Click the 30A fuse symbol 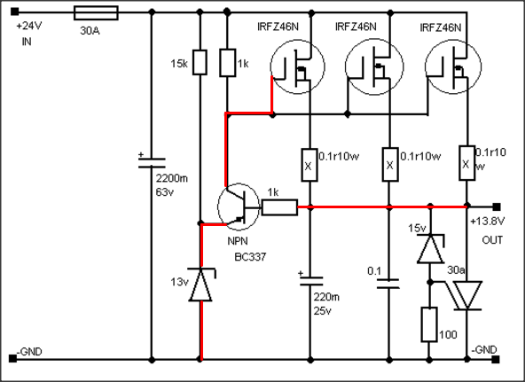click(x=96, y=13)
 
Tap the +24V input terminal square click(x=14, y=12)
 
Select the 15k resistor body click(x=200, y=62)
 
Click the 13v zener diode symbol click(x=201, y=285)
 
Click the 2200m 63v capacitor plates click(x=152, y=163)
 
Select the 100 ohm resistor click(x=429, y=324)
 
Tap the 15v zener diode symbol click(x=431, y=248)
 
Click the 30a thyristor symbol click(x=466, y=295)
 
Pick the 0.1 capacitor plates click(x=388, y=284)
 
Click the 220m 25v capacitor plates click(x=310, y=281)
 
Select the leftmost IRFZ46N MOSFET click(x=297, y=66)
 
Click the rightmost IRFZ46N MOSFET click(x=453, y=66)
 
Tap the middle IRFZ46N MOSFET click(x=374, y=66)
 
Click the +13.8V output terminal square click(x=497, y=207)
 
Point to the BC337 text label click(x=250, y=257)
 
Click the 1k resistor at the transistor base click(x=279, y=207)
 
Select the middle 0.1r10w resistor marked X click(x=389, y=165)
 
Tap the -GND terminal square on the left click(x=12, y=359)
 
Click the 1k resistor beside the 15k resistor click(x=227, y=63)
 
